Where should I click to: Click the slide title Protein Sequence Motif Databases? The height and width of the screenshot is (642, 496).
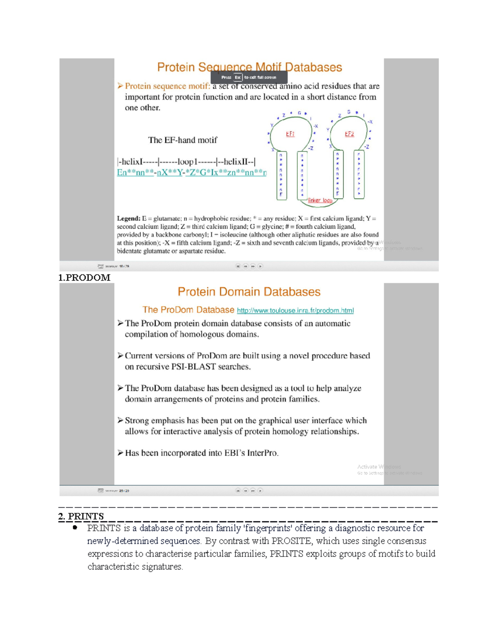click(x=249, y=67)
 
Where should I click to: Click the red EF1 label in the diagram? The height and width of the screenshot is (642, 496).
click(x=290, y=134)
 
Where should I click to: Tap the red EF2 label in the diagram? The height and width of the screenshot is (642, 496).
click(x=349, y=134)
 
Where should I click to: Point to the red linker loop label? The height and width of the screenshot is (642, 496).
click(x=320, y=200)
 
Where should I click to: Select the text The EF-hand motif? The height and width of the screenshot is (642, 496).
click(x=182, y=140)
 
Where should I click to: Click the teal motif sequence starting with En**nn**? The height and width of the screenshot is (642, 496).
click(x=191, y=172)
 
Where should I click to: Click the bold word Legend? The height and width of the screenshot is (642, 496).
click(x=129, y=218)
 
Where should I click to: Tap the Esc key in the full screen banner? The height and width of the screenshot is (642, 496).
click(x=238, y=77)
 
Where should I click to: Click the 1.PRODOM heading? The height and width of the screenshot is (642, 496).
click(x=84, y=277)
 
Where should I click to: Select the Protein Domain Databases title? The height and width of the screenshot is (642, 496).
click(x=249, y=292)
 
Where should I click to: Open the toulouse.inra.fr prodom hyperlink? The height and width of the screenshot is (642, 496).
click(x=295, y=310)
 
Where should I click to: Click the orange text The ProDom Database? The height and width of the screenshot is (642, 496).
click(x=188, y=310)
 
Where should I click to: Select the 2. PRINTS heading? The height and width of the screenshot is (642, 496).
click(x=81, y=516)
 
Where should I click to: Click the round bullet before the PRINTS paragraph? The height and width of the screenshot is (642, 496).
click(x=75, y=527)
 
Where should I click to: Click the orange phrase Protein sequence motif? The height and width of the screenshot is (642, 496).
click(x=167, y=86)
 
